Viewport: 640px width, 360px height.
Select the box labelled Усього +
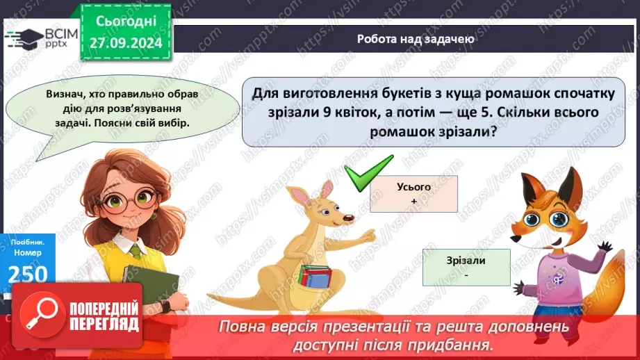[413, 193]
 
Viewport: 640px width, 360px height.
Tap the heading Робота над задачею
[415, 40]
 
